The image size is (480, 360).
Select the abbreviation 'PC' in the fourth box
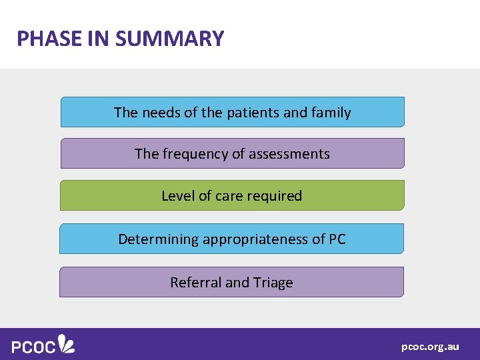(x=337, y=239)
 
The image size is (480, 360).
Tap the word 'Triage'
(x=273, y=283)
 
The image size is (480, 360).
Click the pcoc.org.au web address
(x=430, y=347)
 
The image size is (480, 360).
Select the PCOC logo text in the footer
(x=33, y=346)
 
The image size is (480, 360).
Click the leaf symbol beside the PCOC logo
(x=67, y=343)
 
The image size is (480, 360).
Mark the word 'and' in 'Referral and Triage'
(x=237, y=283)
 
